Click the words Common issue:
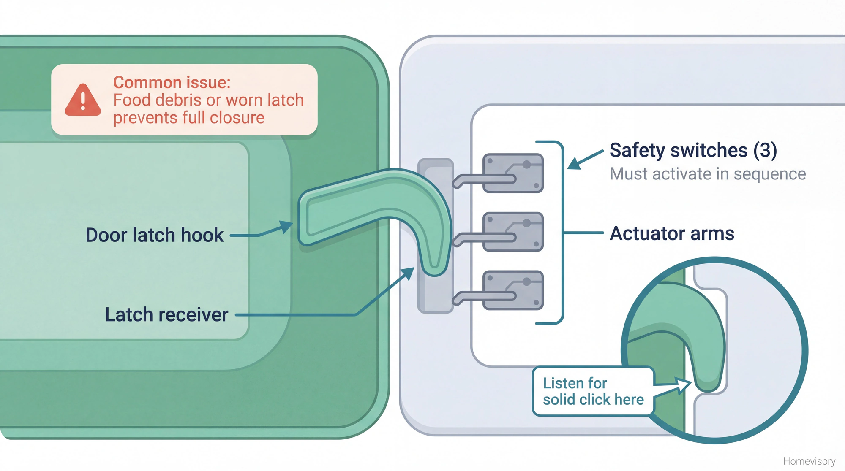point(172,82)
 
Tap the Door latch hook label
point(154,235)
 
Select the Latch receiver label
point(166,315)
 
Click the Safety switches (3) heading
point(693,151)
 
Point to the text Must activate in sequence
point(707,174)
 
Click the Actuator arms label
point(672,233)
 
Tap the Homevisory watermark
point(809,461)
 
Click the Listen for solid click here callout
point(593,391)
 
